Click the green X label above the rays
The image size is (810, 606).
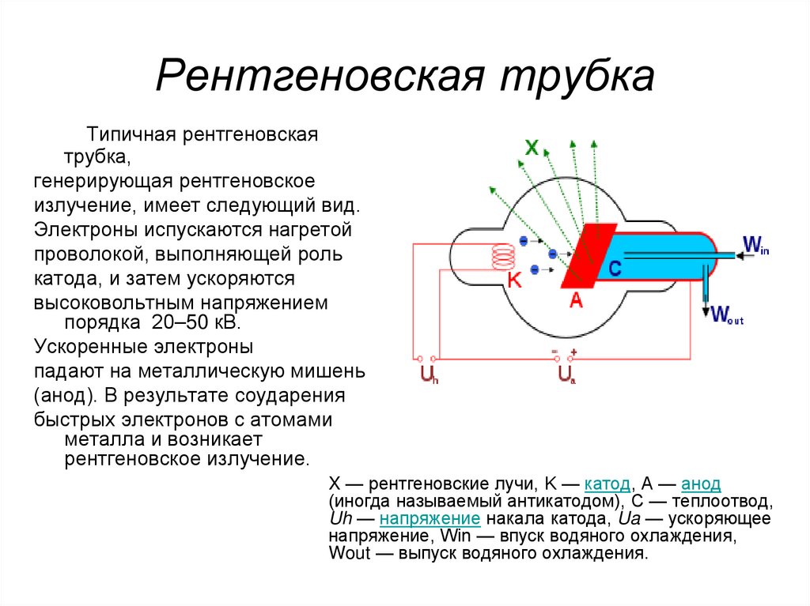coord(532,147)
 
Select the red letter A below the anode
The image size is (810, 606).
coord(576,300)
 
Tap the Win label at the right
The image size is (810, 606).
coord(755,243)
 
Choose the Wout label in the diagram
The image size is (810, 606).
coord(726,315)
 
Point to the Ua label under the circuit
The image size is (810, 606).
coord(566,374)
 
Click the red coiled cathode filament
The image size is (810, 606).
coord(503,257)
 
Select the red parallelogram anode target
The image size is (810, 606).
coord(589,255)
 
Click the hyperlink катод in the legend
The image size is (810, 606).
coord(607,484)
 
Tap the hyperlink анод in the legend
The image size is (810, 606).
coord(700,484)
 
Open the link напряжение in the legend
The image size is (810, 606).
coord(430,518)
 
